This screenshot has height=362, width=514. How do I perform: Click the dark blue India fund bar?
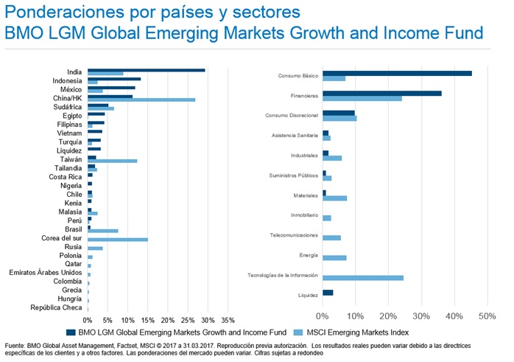tap(146, 70)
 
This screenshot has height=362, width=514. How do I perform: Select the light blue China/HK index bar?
tap(141, 100)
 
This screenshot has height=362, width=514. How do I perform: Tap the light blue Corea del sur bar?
tap(118, 240)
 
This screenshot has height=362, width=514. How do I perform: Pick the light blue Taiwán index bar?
tap(112, 161)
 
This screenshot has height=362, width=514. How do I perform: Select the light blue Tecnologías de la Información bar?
tap(362, 278)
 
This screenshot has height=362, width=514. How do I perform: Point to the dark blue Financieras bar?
tap(381, 94)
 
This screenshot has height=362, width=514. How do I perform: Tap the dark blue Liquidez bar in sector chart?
tap(328, 293)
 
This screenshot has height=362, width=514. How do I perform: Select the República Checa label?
tap(56, 307)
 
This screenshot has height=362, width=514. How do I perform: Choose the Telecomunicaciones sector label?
tap(293, 235)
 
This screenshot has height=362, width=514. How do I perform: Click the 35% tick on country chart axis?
tap(228, 321)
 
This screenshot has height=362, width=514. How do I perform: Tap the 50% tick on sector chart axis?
tap(487, 316)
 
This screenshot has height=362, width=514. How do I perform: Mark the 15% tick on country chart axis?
tap(147, 321)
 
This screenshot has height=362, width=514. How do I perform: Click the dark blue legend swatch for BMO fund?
tap(71, 332)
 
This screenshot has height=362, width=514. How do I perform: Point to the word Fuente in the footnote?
tap(15, 346)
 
